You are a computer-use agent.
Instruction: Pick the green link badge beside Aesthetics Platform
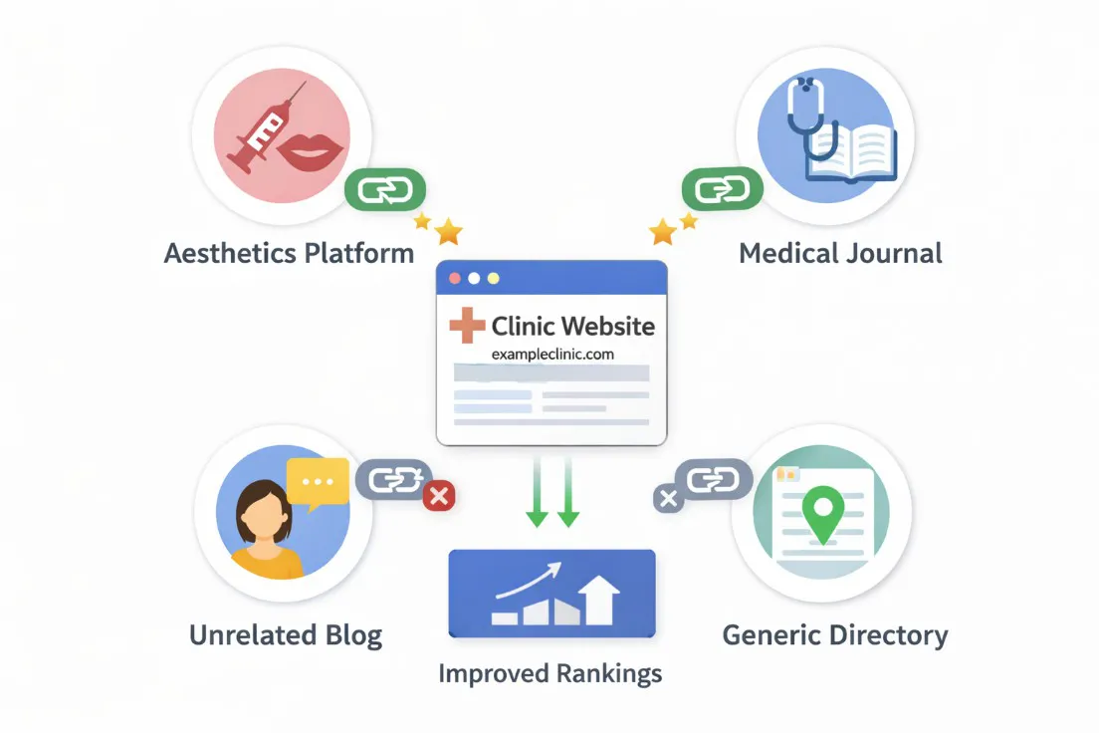(384, 189)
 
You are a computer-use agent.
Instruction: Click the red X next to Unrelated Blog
(439, 495)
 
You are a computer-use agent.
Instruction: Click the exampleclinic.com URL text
(552, 354)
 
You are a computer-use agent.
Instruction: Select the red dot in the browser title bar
(456, 278)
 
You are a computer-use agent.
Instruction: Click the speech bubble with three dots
(317, 482)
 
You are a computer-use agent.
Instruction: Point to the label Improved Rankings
(550, 673)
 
